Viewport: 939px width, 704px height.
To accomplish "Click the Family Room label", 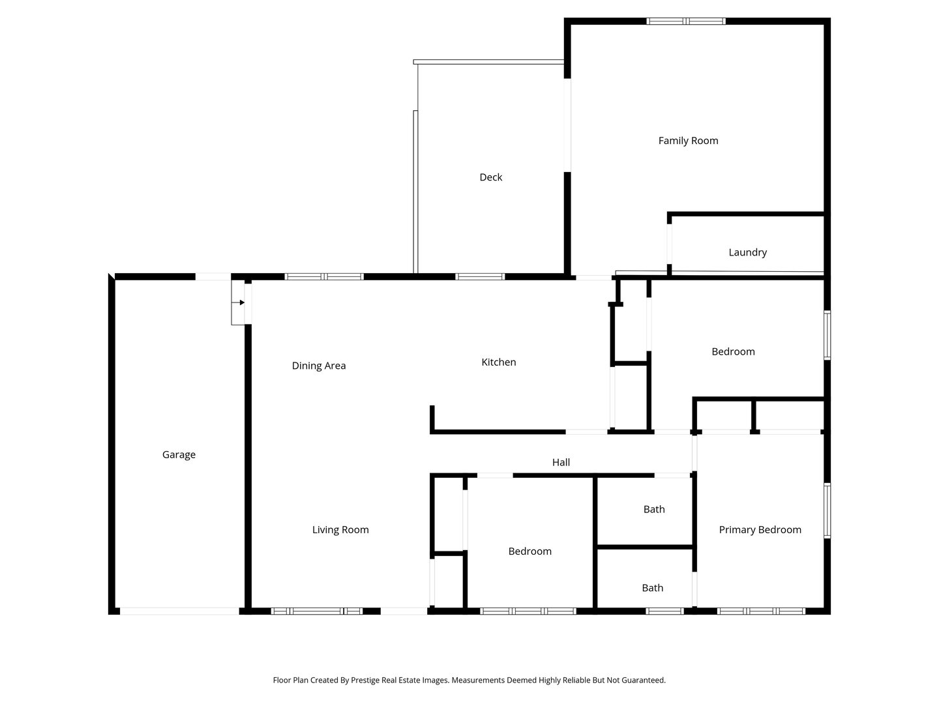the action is pyautogui.click(x=688, y=141).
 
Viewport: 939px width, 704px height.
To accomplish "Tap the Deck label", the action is pyautogui.click(x=490, y=177).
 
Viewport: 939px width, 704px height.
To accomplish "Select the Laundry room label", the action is pyautogui.click(x=747, y=252).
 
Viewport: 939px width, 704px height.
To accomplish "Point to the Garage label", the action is pyautogui.click(x=179, y=455).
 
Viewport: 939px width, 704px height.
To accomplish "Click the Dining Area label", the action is pyautogui.click(x=319, y=366).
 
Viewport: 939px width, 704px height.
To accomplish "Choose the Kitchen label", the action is pyautogui.click(x=498, y=362).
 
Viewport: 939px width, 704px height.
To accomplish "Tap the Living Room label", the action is pyautogui.click(x=340, y=529).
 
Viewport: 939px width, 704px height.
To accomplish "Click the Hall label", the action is pyautogui.click(x=561, y=462).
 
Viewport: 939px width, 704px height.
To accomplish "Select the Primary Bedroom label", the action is pyautogui.click(x=760, y=529).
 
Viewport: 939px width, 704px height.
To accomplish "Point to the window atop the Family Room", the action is pyautogui.click(x=685, y=22).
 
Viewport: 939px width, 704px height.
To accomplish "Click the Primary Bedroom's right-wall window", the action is pyautogui.click(x=827, y=510).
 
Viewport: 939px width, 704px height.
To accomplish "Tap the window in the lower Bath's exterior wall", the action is pyautogui.click(x=664, y=611).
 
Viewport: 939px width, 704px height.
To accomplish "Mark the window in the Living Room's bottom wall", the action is pyautogui.click(x=317, y=611).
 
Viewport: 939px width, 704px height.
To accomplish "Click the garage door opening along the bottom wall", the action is pyautogui.click(x=179, y=611).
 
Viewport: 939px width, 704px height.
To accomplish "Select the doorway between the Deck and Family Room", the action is pyautogui.click(x=567, y=125).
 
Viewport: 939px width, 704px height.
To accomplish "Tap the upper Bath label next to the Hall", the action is pyautogui.click(x=654, y=509).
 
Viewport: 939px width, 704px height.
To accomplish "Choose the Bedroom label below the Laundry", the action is pyautogui.click(x=733, y=352).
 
